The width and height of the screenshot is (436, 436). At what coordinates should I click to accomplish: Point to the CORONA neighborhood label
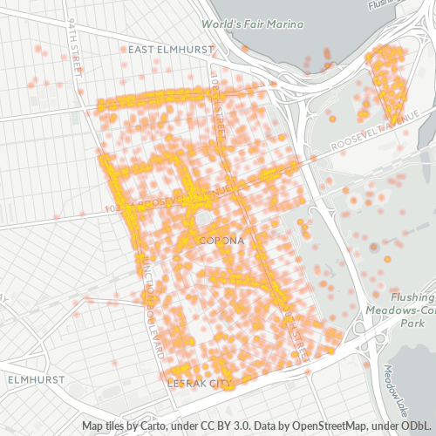(221, 240)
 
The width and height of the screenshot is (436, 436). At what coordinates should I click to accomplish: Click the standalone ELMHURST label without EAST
(31, 381)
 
